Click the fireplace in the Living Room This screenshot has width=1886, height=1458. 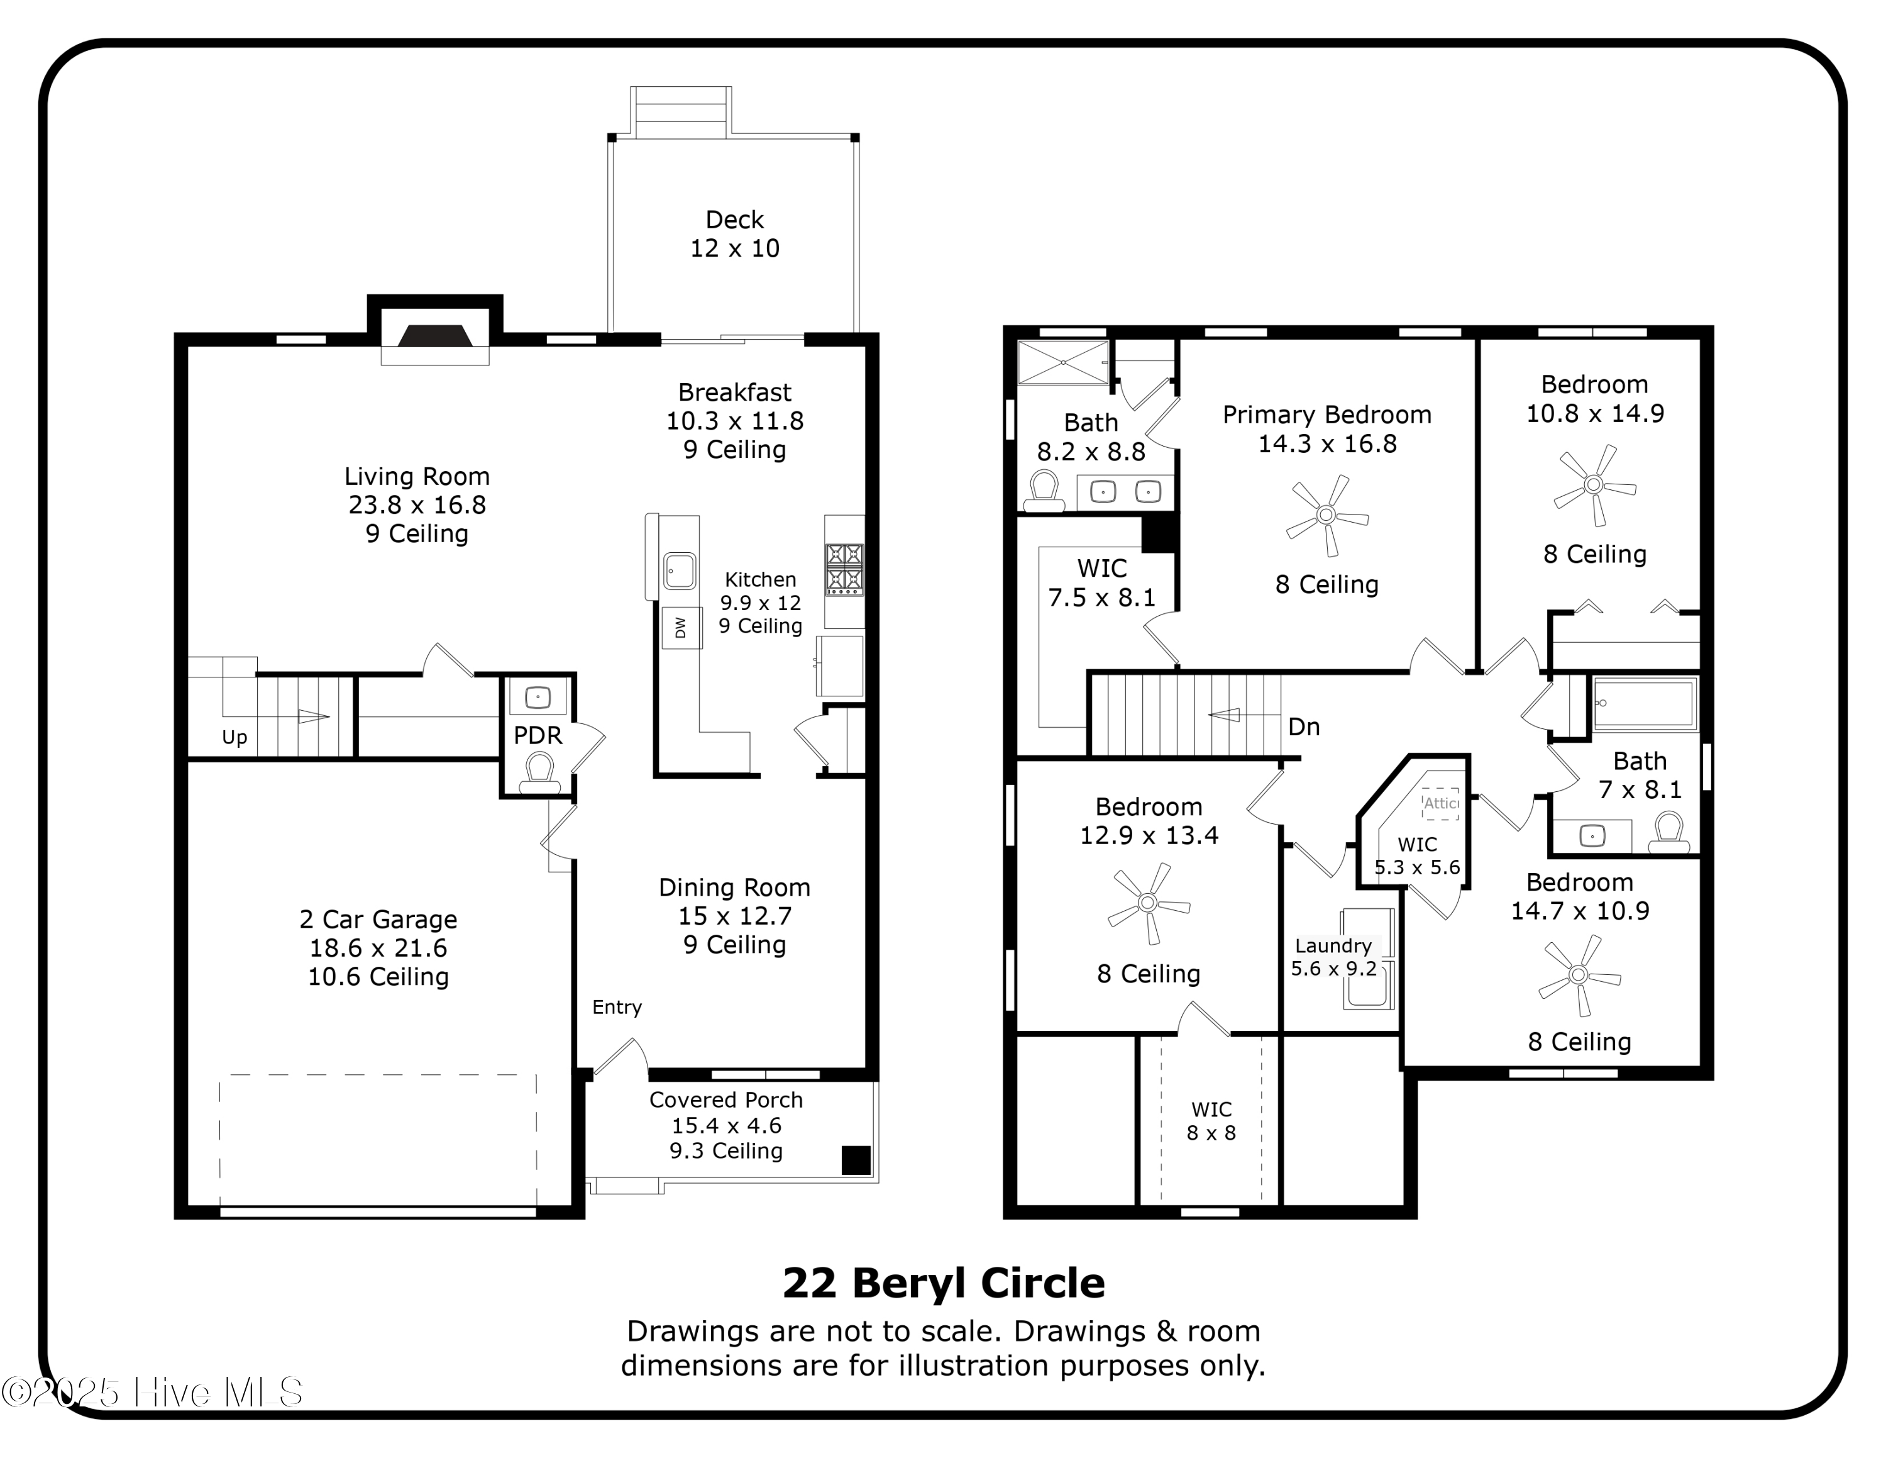coord(435,335)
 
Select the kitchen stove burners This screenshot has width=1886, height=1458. coord(844,569)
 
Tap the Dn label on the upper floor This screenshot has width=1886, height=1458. coord(1303,726)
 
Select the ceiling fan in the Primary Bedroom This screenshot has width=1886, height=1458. coord(1326,516)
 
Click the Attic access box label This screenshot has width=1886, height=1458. coord(1440,803)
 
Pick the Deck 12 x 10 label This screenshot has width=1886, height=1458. coord(735,234)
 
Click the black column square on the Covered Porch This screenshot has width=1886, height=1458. coord(855,1159)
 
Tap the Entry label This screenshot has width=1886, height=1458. coord(617,1006)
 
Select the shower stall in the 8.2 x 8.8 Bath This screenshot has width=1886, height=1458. coord(1062,363)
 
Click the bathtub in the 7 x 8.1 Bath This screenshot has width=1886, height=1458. coord(1644,704)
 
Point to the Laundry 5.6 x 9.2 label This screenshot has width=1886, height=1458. coord(1333,957)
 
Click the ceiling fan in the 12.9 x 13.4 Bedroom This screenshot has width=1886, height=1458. coord(1148,903)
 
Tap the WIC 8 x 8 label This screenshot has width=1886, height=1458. coord(1211,1120)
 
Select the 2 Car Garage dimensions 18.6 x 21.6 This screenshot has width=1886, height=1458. coord(378,947)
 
